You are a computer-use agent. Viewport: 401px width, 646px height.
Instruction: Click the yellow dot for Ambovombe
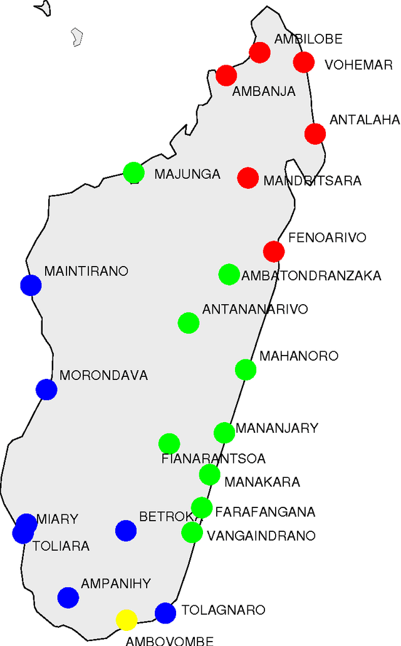click(127, 620)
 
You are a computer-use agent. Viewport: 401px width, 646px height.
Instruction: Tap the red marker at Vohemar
click(303, 62)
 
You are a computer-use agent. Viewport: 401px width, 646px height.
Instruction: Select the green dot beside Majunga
click(133, 172)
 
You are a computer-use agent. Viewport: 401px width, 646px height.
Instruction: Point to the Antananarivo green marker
click(189, 323)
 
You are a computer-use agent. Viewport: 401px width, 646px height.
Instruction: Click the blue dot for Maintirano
click(31, 285)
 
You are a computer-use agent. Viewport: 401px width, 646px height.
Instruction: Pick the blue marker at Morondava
click(46, 389)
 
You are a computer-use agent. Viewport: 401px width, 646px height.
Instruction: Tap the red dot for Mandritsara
click(248, 178)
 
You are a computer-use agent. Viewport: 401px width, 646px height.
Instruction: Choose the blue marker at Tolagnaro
click(165, 613)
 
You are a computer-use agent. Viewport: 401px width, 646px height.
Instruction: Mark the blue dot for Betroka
click(126, 531)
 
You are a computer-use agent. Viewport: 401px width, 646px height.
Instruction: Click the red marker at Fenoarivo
click(274, 252)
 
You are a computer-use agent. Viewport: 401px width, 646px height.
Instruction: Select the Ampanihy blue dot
click(68, 598)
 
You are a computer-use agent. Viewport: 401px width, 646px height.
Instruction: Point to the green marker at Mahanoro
click(246, 369)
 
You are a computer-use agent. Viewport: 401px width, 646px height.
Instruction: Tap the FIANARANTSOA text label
click(214, 459)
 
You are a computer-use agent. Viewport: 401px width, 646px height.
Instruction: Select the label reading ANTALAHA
click(365, 120)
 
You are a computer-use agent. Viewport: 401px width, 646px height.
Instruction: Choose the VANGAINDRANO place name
click(261, 536)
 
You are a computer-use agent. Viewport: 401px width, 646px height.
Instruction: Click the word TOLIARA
click(61, 546)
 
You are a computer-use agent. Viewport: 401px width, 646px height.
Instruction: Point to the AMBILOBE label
click(308, 40)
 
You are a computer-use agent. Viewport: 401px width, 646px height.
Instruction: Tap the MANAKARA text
click(262, 482)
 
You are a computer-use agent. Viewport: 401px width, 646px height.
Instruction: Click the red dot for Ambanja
click(226, 75)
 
